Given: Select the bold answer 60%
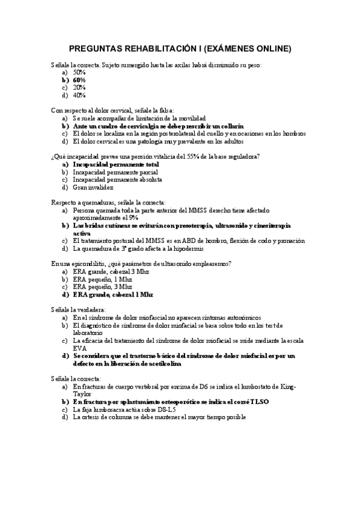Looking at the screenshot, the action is coord(79,79).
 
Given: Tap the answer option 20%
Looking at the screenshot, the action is coord(79,87).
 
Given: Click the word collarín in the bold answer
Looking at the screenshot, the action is coord(231,126).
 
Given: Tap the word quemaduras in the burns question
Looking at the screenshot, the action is coord(100,203).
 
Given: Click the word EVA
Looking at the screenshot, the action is coord(80,348).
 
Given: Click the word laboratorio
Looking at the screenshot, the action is coord(88,333).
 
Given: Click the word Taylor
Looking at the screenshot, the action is coord(82,394).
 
